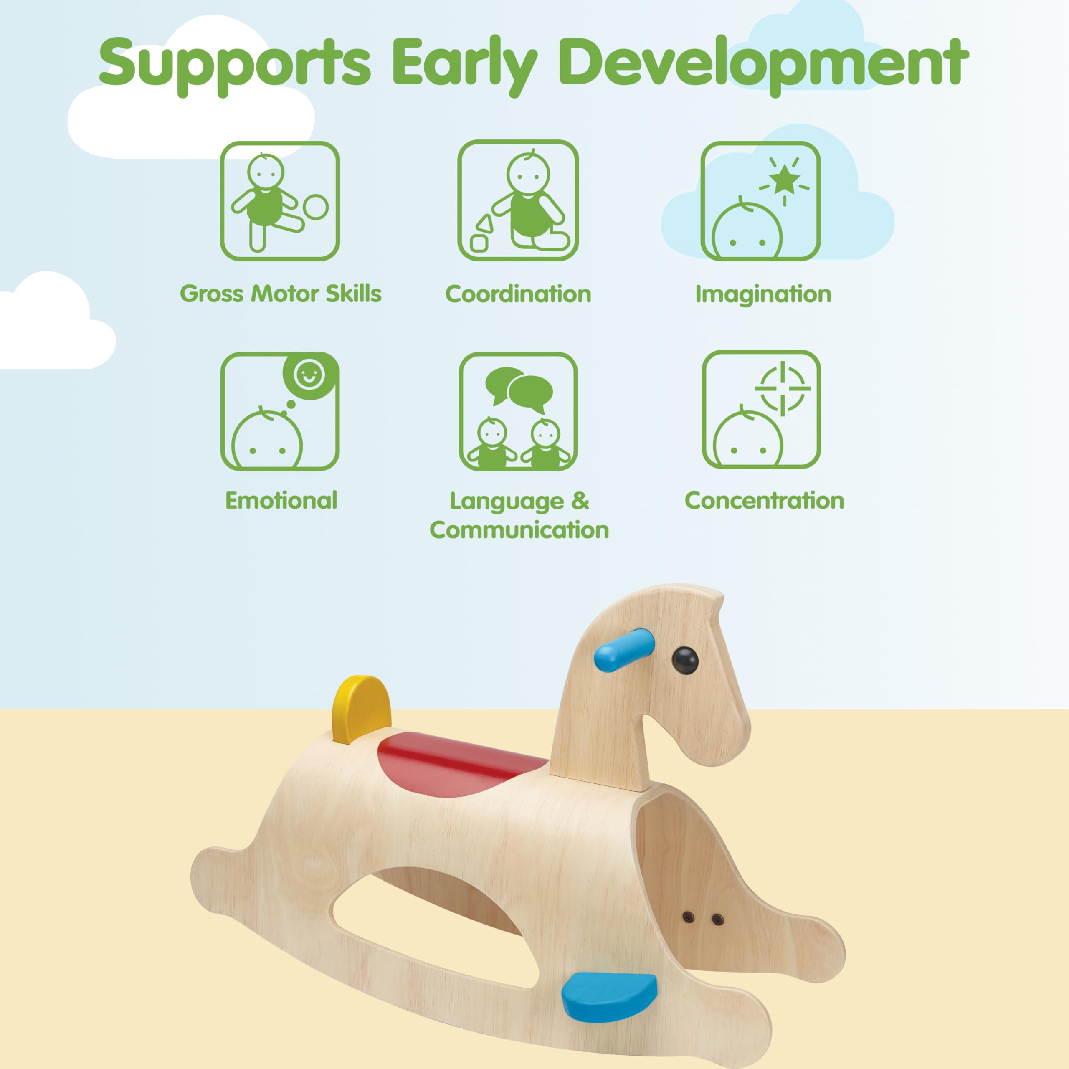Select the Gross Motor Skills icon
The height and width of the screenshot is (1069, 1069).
(280, 201)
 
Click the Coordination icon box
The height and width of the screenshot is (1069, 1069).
(518, 200)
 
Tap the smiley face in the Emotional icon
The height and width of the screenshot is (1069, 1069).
(309, 375)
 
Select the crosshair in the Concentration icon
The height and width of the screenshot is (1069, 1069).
(783, 388)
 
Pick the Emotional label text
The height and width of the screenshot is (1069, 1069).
(281, 501)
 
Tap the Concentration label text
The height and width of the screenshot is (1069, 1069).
(765, 501)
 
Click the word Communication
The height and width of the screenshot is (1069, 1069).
(519, 530)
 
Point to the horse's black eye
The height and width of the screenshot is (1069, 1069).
(685, 660)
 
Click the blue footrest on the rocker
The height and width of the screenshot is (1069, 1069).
(609, 997)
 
